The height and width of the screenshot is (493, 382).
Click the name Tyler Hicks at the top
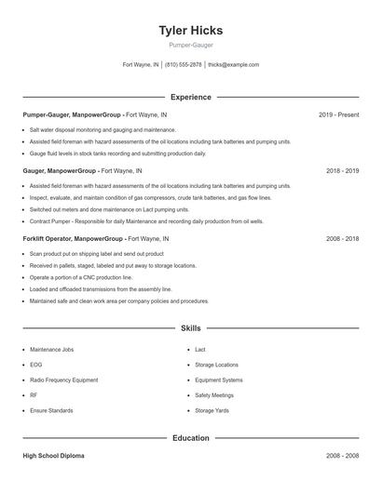(x=190, y=30)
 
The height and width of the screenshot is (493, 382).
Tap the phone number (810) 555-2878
(x=183, y=65)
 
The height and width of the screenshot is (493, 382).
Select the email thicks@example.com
(x=233, y=65)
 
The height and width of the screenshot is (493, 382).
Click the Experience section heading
(x=190, y=97)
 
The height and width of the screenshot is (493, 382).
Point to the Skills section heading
(x=190, y=328)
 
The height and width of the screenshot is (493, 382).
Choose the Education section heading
(x=190, y=437)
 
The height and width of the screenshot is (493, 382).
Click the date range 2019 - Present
(x=338, y=115)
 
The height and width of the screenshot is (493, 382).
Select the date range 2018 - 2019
(x=342, y=171)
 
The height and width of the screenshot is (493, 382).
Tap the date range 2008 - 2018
(x=342, y=239)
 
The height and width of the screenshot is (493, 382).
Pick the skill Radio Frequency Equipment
(x=63, y=380)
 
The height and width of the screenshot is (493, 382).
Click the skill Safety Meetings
(x=214, y=395)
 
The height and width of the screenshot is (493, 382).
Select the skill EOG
(x=36, y=365)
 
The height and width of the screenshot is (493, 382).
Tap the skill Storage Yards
(x=211, y=410)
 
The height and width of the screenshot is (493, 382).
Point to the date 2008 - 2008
(x=342, y=456)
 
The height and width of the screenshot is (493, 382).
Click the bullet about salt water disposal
(x=102, y=130)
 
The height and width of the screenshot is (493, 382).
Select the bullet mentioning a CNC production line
(x=81, y=277)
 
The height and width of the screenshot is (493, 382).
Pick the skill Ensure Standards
(x=51, y=410)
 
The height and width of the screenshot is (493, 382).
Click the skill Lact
(x=200, y=350)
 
